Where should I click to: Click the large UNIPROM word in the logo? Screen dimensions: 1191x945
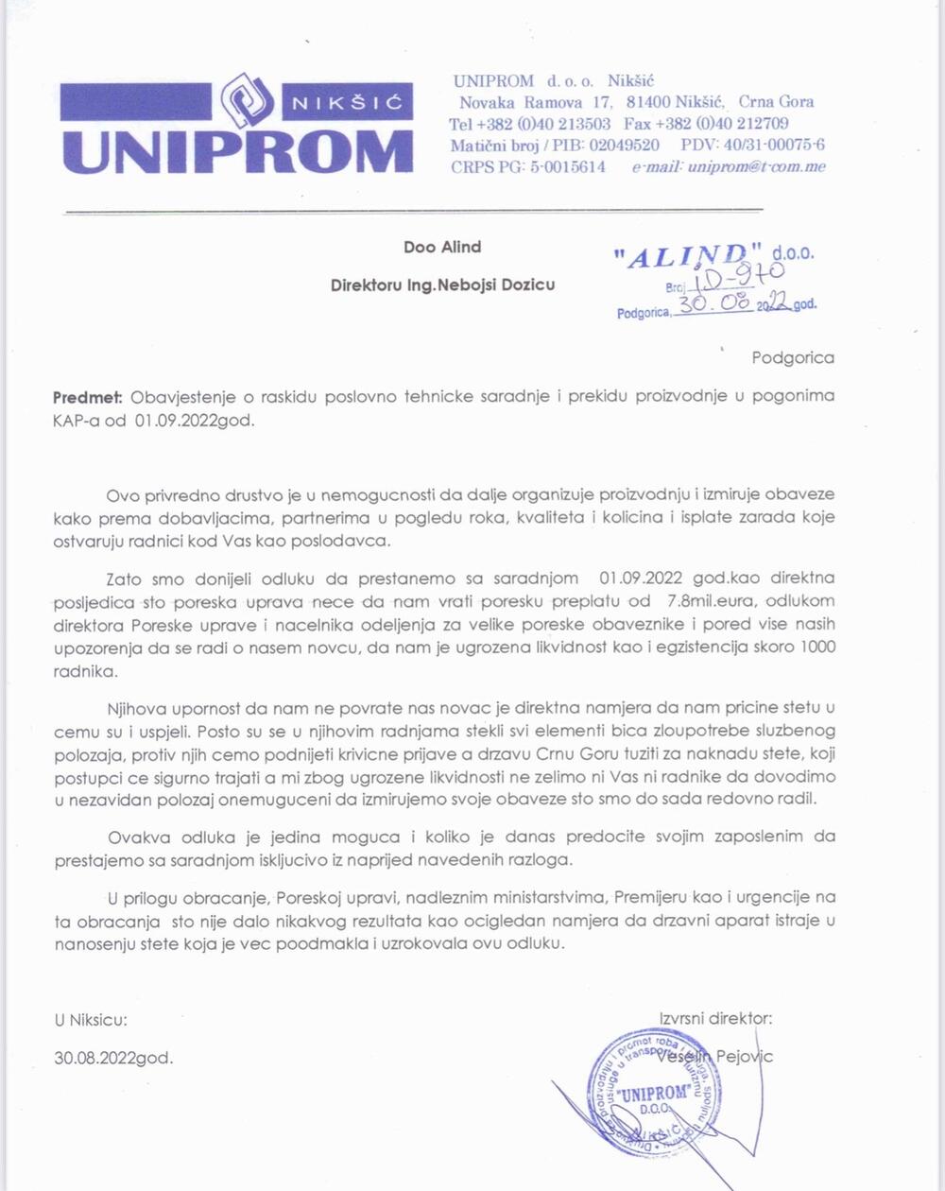pyautogui.click(x=236, y=152)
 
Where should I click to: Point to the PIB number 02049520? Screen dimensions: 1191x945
pyautogui.click(x=624, y=145)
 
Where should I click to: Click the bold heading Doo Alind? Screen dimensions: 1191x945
pyautogui.click(x=442, y=247)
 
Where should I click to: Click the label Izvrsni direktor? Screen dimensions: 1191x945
pyautogui.click(x=715, y=1019)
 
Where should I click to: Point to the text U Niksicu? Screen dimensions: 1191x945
pyautogui.click(x=90, y=1020)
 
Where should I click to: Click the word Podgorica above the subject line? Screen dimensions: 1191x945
pyautogui.click(x=793, y=357)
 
